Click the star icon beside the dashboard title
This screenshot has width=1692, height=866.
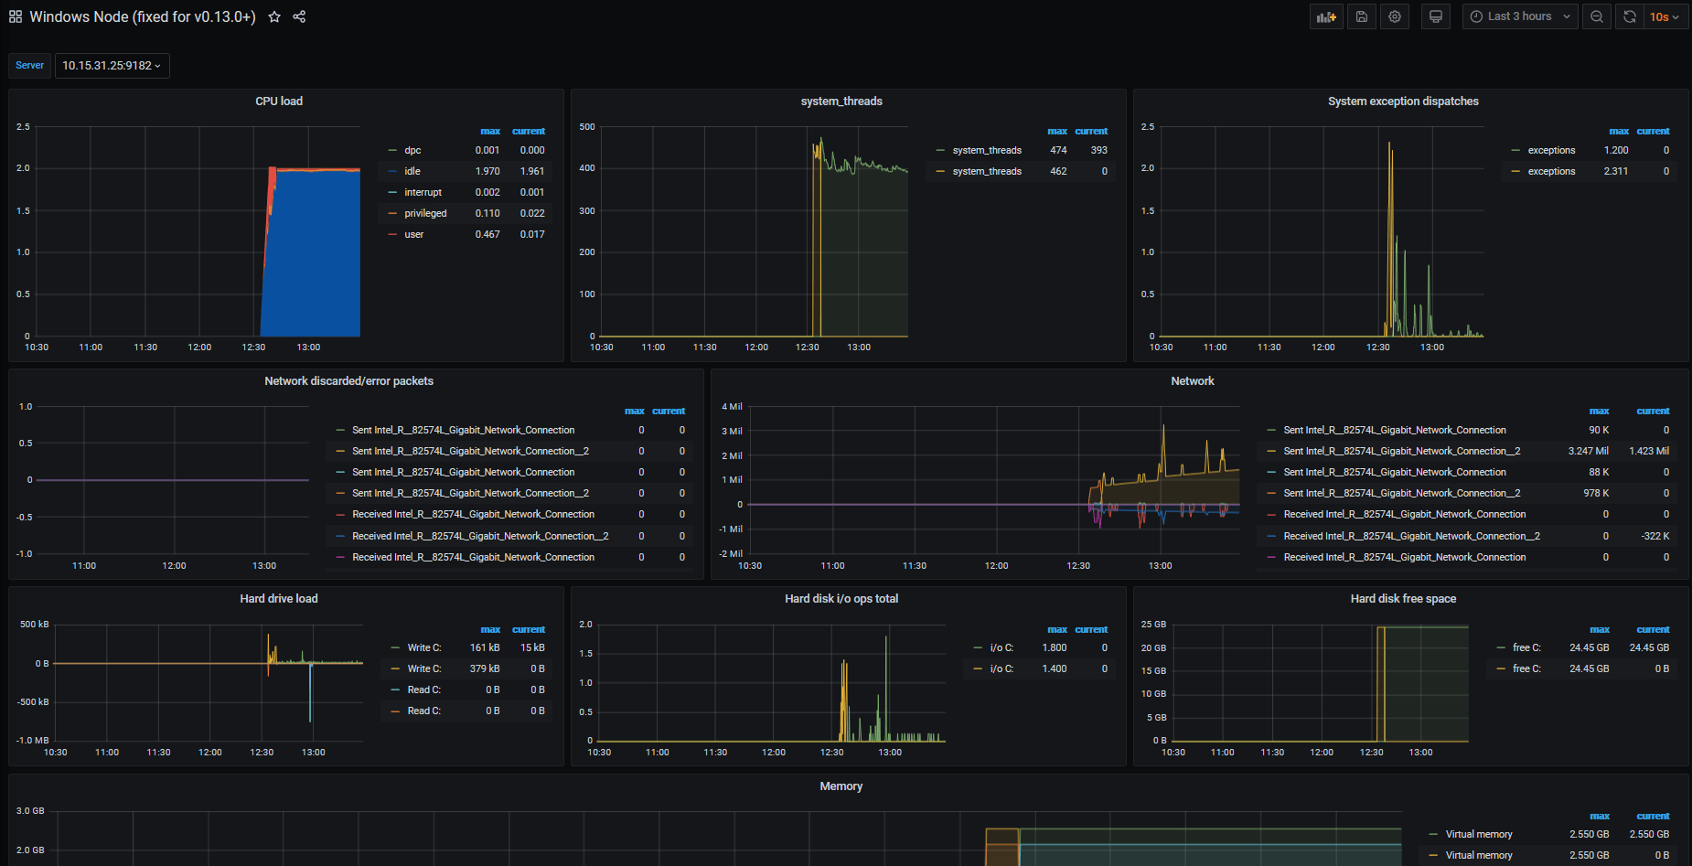point(274,16)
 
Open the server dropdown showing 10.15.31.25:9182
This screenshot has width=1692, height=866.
point(112,66)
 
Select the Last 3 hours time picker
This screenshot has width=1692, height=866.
point(1519,16)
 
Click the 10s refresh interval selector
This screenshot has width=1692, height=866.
point(1664,16)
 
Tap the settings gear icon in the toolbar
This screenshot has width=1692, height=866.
point(1395,16)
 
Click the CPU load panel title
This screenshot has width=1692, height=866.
point(279,102)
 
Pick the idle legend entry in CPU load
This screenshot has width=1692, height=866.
point(412,171)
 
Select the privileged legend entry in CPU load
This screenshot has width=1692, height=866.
point(425,213)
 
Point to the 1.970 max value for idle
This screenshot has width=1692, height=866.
point(487,171)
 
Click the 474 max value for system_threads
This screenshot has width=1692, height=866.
point(1058,150)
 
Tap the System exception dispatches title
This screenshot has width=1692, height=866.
point(1403,102)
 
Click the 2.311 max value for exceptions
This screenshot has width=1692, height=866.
point(1615,171)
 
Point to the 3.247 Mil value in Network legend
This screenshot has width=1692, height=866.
point(1588,451)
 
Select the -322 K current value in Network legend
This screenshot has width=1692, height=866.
point(1655,536)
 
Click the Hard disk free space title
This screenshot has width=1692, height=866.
point(1403,599)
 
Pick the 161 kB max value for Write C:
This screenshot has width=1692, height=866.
point(485,647)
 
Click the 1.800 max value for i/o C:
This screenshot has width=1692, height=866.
point(1055,647)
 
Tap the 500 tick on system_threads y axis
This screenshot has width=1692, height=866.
point(587,127)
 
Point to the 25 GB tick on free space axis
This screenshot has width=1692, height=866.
point(1153,625)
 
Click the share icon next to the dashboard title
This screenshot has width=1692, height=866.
point(299,16)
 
